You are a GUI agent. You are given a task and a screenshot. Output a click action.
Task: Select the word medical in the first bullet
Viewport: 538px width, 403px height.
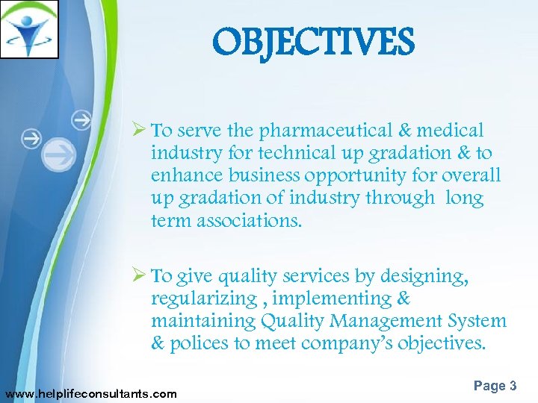(451, 131)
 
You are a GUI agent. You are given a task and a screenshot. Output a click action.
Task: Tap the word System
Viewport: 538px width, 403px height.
(478, 322)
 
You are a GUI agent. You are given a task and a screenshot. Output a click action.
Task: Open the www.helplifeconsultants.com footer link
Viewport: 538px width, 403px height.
(90, 393)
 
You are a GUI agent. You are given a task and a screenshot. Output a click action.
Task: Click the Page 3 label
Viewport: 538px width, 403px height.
(495, 386)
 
